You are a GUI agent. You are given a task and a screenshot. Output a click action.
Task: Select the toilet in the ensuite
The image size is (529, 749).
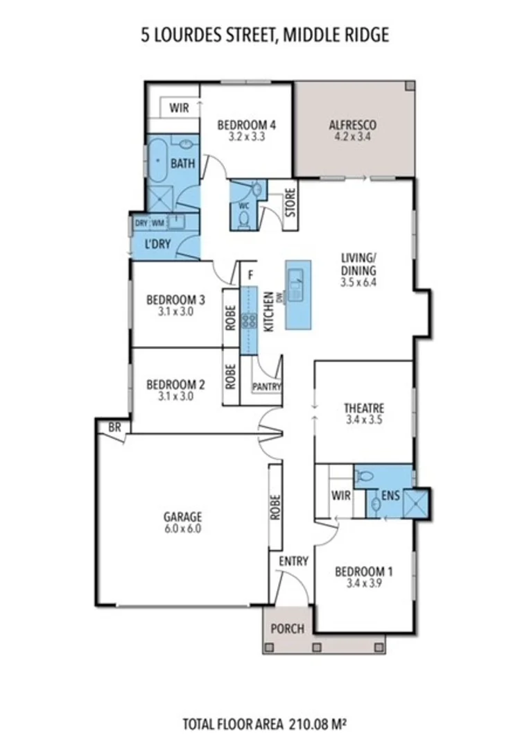364,476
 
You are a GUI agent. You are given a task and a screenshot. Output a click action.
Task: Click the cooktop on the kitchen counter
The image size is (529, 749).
248,320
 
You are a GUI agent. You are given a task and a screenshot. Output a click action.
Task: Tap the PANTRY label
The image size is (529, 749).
266,386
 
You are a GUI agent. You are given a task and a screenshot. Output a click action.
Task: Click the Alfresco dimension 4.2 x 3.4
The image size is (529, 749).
352,137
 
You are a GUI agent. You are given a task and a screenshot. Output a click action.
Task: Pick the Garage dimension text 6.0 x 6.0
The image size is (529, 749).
183,528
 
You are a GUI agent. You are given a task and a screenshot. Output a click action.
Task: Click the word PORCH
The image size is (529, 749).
287,629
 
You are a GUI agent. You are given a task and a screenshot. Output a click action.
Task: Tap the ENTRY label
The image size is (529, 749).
293,562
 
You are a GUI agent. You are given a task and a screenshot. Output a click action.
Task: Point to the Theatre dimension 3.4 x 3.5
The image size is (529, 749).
364,420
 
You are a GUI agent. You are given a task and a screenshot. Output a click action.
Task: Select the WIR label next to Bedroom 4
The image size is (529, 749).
180,109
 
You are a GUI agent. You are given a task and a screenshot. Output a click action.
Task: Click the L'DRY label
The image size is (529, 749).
158,245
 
